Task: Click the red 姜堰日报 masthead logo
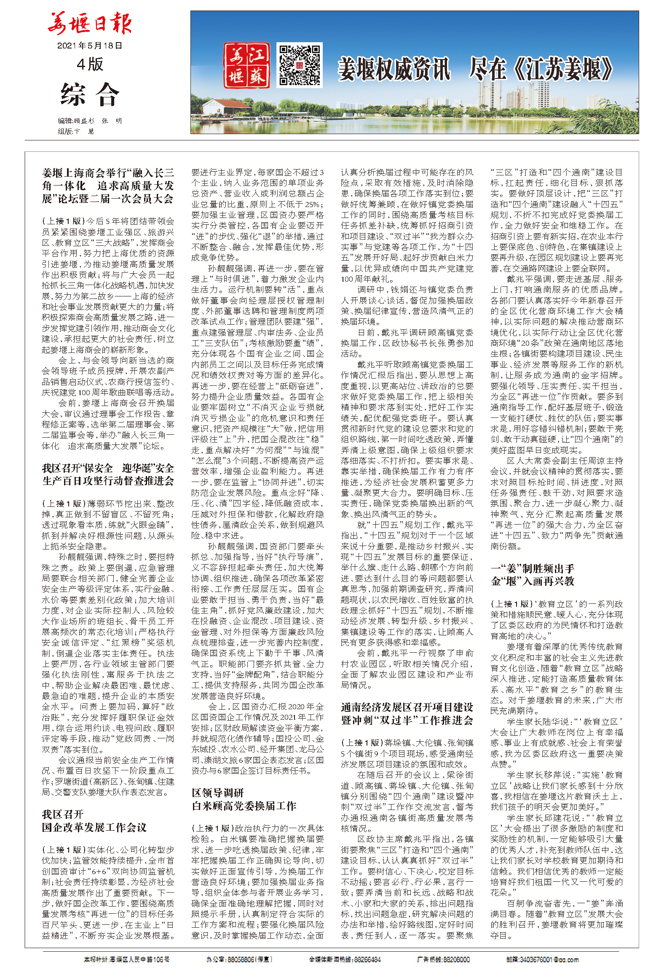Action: click(89, 24)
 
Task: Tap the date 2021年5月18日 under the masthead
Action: click(89, 46)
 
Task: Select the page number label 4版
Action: click(90, 65)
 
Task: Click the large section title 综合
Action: click(90, 94)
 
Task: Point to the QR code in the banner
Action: click(299, 65)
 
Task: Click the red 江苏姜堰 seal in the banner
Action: click(246, 65)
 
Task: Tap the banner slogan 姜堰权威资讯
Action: click(394, 70)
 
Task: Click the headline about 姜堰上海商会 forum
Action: click(108, 186)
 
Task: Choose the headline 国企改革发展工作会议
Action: click(94, 827)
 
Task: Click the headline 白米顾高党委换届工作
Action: click(244, 806)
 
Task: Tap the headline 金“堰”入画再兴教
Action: click(533, 581)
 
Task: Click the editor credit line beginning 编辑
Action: click(90, 121)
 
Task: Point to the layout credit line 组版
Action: click(76, 131)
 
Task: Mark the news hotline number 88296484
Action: click(367, 959)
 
